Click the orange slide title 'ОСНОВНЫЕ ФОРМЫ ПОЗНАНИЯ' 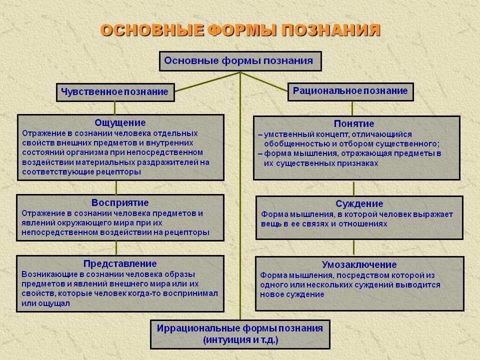240,30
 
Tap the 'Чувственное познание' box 114,92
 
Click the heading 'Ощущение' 120,122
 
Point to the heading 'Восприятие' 120,202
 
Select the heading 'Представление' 120,263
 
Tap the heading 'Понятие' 354,123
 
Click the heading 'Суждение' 359,203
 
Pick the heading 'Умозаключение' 359,264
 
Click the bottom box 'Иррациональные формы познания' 240,328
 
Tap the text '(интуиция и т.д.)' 240,340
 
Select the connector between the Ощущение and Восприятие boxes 116,187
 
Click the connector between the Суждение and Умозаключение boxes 354,248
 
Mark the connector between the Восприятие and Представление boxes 116,247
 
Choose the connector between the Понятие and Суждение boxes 354,188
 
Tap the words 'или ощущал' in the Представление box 46,303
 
